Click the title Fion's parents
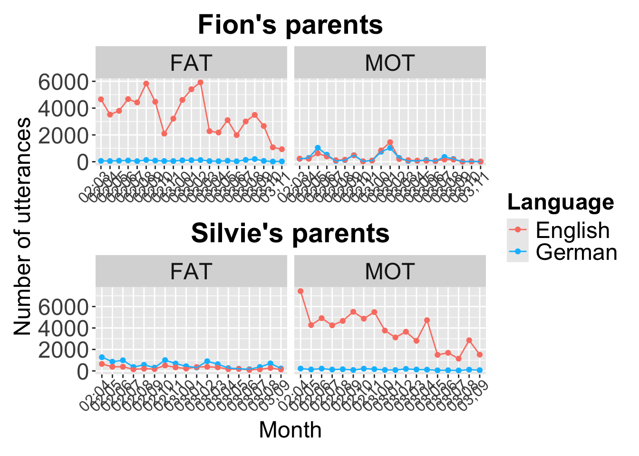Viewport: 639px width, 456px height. [x=290, y=25]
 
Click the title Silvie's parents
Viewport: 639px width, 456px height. [x=290, y=233]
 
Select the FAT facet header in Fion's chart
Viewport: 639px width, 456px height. [x=191, y=63]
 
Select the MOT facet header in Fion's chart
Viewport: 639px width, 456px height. [x=390, y=63]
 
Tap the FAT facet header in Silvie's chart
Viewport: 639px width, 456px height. [x=191, y=272]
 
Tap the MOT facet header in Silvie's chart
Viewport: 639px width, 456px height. [x=390, y=272]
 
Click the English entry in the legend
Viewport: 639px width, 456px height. [x=572, y=230]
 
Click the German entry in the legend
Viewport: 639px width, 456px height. [x=576, y=252]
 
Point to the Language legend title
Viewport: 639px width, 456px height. [x=561, y=202]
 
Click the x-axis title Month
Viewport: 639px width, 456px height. [x=290, y=430]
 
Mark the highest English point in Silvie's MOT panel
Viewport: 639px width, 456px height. [x=300, y=291]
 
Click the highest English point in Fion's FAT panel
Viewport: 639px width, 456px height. [x=200, y=82]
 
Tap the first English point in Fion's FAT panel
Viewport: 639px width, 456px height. [x=101, y=99]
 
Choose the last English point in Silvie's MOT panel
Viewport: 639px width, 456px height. [x=480, y=355]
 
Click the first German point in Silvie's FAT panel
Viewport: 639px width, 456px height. [x=102, y=357]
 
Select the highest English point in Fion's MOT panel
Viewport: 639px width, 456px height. [x=390, y=142]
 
